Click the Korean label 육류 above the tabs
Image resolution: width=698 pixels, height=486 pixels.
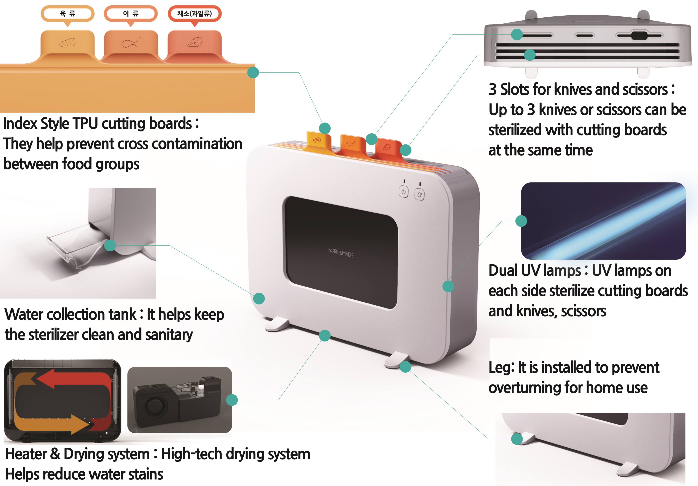(x=68, y=13)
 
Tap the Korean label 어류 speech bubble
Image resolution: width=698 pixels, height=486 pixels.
(x=131, y=13)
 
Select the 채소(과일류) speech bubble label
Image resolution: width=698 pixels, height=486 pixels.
(x=195, y=13)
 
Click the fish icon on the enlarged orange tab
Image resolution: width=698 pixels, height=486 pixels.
(x=131, y=43)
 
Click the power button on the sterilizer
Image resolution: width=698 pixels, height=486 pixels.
(x=403, y=192)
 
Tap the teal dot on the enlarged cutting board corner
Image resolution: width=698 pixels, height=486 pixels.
(x=253, y=73)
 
